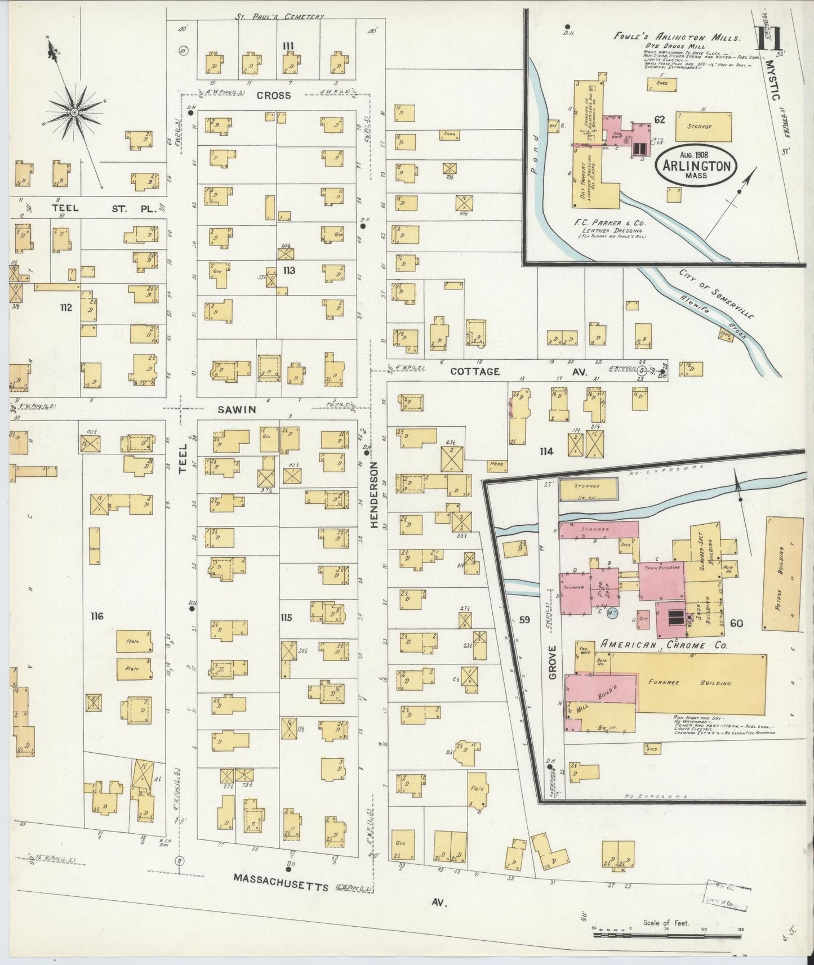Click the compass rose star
point(74,112)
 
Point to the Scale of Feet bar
point(670,934)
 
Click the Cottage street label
point(474,372)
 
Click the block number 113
point(289,271)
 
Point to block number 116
point(97,616)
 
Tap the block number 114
point(546,451)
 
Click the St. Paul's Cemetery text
point(280,16)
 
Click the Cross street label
point(274,95)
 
